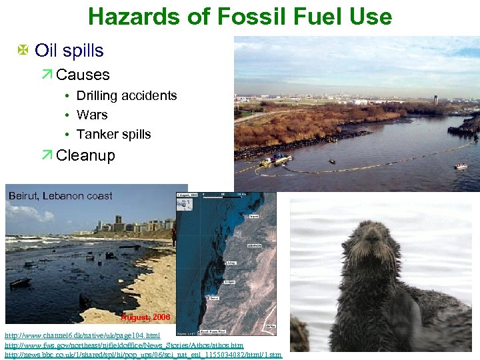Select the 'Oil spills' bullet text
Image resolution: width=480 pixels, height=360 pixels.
click(x=69, y=51)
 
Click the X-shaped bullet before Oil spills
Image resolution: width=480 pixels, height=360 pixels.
click(x=23, y=51)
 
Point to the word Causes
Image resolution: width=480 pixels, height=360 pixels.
click(x=83, y=75)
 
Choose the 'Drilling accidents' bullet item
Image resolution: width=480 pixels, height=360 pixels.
click(x=127, y=95)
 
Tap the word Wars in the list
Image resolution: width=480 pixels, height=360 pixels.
click(x=92, y=115)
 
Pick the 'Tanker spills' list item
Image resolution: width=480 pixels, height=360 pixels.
click(x=113, y=134)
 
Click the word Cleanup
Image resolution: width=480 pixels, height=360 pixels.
click(x=86, y=156)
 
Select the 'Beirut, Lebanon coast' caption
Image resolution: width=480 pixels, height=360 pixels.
click(x=60, y=196)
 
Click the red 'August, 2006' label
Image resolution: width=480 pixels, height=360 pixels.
click(x=145, y=317)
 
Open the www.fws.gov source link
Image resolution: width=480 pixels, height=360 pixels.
click(x=124, y=345)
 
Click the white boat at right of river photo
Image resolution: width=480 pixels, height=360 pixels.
click(x=461, y=165)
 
